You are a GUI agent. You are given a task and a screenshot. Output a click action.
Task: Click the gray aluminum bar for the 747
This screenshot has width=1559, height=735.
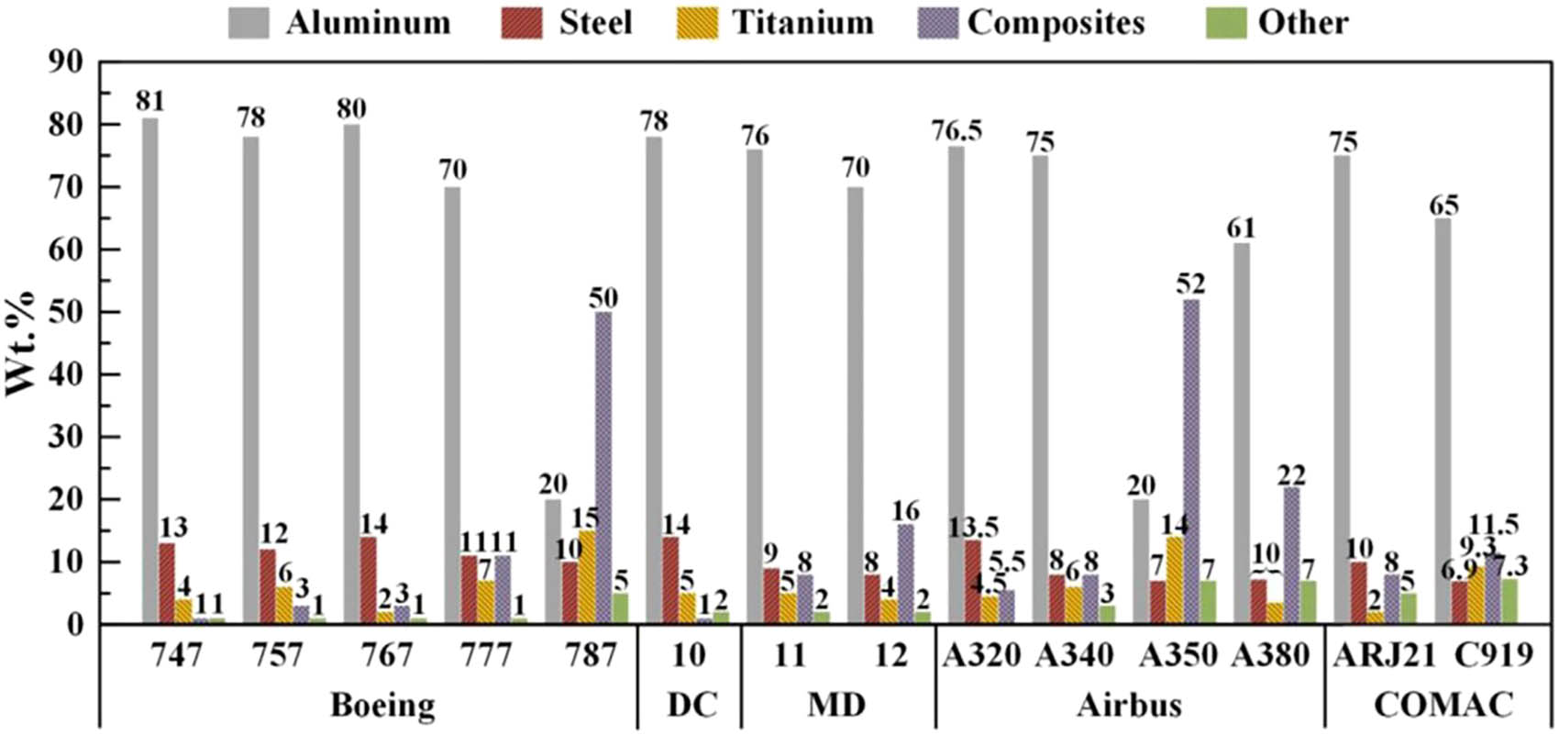click(x=149, y=371)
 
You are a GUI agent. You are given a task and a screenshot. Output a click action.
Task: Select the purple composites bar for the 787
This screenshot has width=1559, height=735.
click(x=603, y=468)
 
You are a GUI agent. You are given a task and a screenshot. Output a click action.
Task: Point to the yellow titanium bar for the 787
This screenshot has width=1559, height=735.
click(x=586, y=577)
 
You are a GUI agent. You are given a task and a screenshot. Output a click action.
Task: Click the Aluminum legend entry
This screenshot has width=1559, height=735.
click(x=339, y=22)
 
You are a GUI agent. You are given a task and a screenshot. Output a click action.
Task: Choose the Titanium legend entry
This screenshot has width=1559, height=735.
click(x=776, y=22)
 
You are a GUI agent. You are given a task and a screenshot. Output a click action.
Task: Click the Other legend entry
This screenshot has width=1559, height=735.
click(x=1276, y=22)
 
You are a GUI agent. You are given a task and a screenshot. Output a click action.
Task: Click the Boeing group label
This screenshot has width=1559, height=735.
click(x=381, y=706)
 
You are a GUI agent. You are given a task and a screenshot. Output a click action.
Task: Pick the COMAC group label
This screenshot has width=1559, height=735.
click(x=1443, y=706)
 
